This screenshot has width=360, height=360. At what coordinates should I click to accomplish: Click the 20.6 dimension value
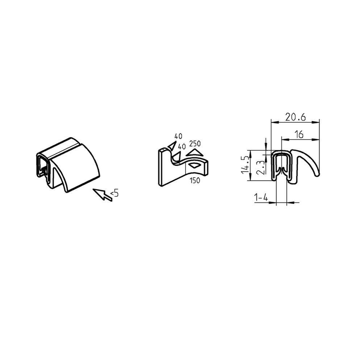point(295,117)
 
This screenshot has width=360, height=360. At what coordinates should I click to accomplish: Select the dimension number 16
point(299,134)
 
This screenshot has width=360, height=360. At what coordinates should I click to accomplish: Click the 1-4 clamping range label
point(261,197)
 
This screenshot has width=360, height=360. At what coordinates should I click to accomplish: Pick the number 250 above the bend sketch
point(195,143)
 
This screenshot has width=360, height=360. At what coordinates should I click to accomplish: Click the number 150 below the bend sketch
point(194,180)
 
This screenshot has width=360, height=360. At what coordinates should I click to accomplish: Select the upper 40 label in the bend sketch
point(178,137)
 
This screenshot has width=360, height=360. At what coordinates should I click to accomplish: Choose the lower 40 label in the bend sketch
point(182,147)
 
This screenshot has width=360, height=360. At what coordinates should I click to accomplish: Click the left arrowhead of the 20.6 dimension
point(273,122)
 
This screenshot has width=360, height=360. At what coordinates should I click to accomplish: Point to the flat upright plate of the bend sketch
point(164,168)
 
